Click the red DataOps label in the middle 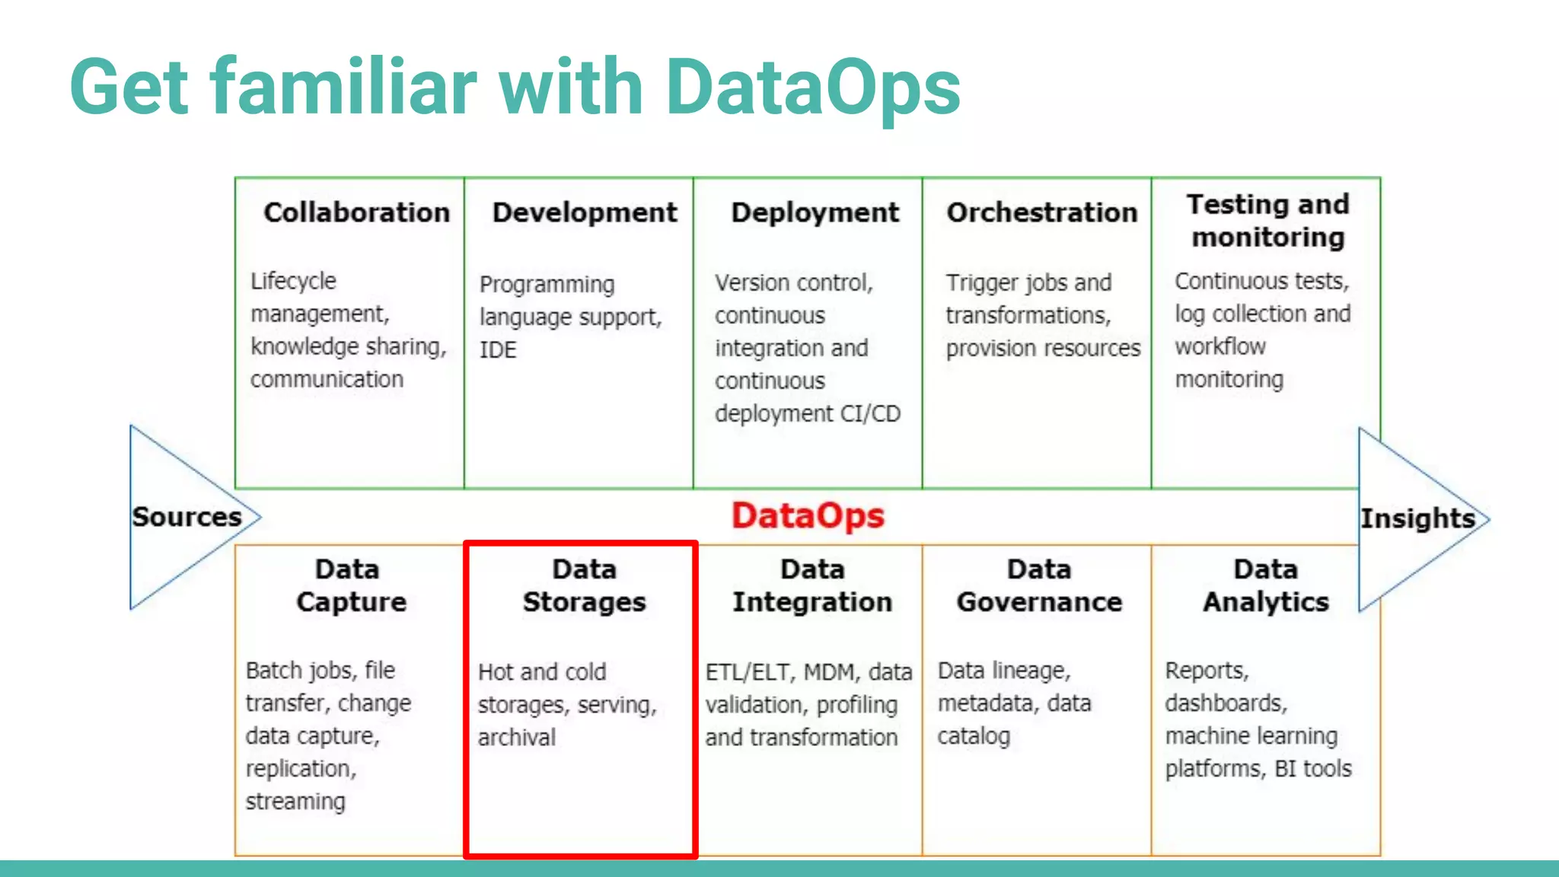808,516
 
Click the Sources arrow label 187,517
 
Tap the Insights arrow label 1417,518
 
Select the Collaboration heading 356,212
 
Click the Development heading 585,212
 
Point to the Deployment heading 815,212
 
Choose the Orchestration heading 1041,212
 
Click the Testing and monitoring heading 1267,221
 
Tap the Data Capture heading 350,585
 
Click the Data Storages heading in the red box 584,585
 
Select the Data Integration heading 812,585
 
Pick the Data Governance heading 1039,585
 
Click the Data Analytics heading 1266,585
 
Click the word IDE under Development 498,350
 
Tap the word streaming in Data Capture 295,802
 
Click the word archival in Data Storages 517,737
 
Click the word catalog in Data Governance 974,736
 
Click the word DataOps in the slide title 812,88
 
